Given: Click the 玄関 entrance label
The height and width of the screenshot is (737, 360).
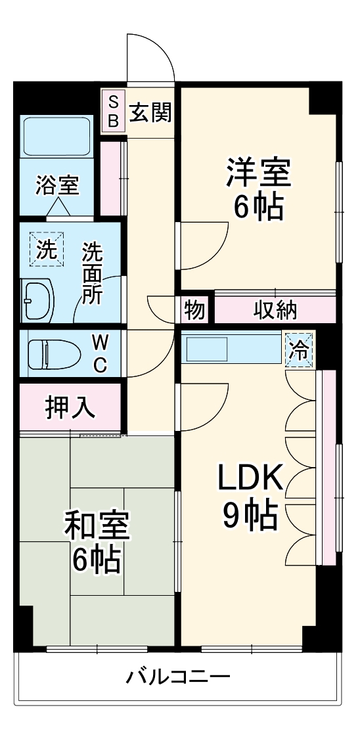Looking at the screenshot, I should click(x=150, y=113).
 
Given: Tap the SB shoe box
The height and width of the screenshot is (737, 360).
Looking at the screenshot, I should click(x=113, y=111).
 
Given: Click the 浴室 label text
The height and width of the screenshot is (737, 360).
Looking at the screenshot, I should click(x=58, y=186).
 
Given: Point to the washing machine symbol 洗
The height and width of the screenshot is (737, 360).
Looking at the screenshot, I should click(x=45, y=250).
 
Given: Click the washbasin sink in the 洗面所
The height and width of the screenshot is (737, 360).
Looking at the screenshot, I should click(x=38, y=300).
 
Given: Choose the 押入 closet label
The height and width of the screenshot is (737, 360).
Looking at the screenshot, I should click(x=70, y=407).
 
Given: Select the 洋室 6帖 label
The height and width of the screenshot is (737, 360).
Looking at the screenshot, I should click(x=258, y=190).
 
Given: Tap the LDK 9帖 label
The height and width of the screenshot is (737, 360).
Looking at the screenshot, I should click(x=250, y=497).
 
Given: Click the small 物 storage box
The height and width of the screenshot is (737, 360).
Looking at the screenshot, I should click(x=195, y=309).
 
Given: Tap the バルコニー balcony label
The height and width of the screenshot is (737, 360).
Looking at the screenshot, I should click(x=178, y=676).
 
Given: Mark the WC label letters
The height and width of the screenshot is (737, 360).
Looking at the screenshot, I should click(x=99, y=353).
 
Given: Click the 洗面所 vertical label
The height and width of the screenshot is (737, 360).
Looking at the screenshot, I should click(x=92, y=273).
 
